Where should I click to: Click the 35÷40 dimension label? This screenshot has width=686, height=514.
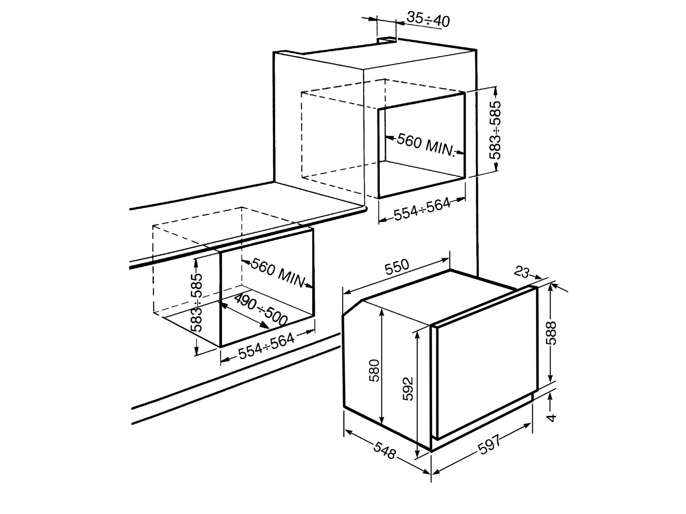pos(428,19)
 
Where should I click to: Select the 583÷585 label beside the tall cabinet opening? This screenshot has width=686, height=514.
pos(496,130)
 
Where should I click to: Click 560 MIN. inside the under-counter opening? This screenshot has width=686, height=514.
pos(277,272)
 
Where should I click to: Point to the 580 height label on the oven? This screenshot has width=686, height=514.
pos(374,371)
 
